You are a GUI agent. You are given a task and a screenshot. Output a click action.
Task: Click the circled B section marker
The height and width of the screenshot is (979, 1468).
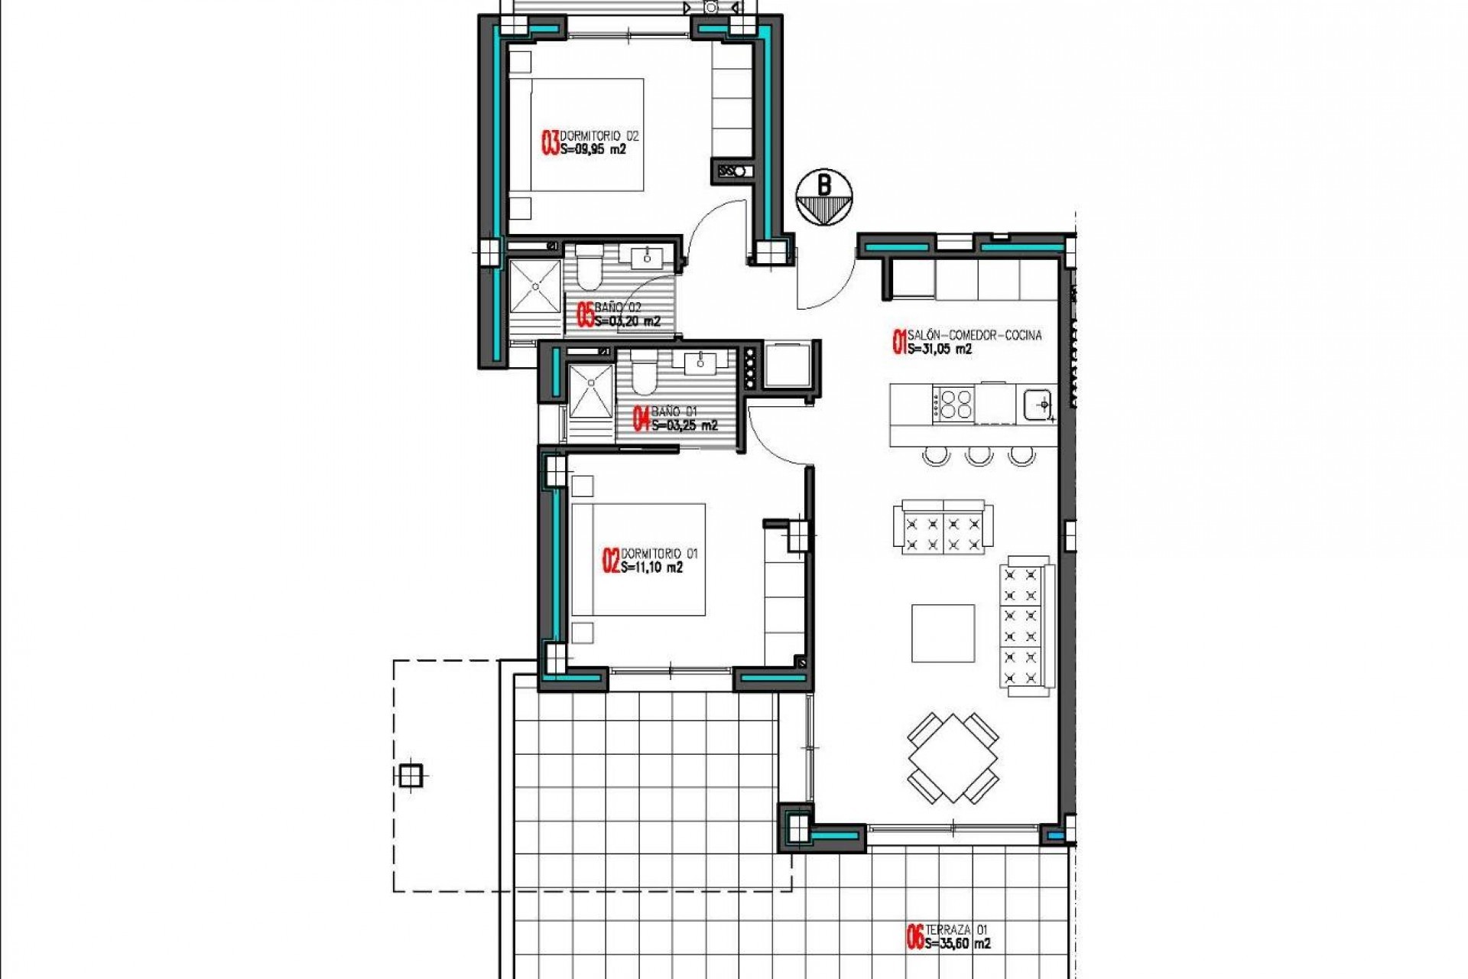tap(823, 198)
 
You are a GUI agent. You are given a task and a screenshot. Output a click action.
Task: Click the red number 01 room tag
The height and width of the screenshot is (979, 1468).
tap(899, 342)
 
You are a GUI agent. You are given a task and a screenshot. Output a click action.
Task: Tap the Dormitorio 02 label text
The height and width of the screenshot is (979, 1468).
tap(599, 136)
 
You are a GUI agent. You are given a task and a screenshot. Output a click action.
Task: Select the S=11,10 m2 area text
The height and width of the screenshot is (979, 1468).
tap(651, 568)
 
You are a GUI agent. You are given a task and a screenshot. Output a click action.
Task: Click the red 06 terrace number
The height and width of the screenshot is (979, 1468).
tap(913, 937)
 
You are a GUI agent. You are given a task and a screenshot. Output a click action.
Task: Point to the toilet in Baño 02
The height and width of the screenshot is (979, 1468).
tap(589, 269)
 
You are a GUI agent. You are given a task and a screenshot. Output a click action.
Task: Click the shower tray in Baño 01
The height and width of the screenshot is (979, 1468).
tap(591, 392)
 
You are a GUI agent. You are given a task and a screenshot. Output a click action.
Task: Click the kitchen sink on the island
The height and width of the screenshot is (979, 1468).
tap(1038, 403)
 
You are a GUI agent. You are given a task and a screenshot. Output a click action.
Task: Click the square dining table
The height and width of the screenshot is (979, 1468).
tap(953, 758)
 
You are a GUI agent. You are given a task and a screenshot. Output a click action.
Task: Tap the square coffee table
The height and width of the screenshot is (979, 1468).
tap(943, 633)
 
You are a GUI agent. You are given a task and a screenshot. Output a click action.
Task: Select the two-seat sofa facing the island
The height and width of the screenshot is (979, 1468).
tap(943, 528)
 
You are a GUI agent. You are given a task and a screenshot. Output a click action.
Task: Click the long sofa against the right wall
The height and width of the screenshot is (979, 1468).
tap(1026, 626)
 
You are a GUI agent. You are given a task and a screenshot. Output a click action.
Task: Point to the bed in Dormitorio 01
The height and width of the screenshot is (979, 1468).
tap(638, 560)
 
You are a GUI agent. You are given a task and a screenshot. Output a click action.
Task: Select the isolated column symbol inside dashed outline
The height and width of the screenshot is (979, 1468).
tap(411, 775)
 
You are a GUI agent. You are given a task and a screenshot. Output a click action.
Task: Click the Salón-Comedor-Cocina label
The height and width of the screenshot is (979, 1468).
tap(974, 335)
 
